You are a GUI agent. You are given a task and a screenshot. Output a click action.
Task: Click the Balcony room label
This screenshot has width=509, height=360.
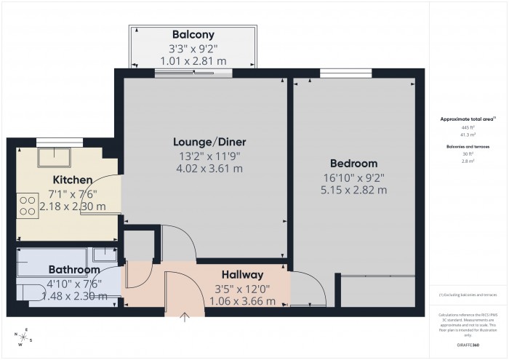coord(193,35)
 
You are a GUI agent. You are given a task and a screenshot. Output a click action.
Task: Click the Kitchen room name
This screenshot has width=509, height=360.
coord(72,180)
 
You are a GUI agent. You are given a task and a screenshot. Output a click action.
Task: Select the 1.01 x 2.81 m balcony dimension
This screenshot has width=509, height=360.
coord(193,62)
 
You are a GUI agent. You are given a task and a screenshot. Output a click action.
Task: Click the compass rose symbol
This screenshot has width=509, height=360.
coord(24,338)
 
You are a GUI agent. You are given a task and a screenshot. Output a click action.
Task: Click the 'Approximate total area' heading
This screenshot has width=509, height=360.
coord(468,119)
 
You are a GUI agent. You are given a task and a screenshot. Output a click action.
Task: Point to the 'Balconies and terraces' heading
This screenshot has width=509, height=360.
coord(468,146)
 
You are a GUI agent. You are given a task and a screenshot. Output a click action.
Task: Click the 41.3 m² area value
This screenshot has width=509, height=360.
coord(468,135)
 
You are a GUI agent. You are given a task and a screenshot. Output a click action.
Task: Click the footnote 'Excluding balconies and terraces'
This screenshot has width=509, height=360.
coord(468,295)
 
